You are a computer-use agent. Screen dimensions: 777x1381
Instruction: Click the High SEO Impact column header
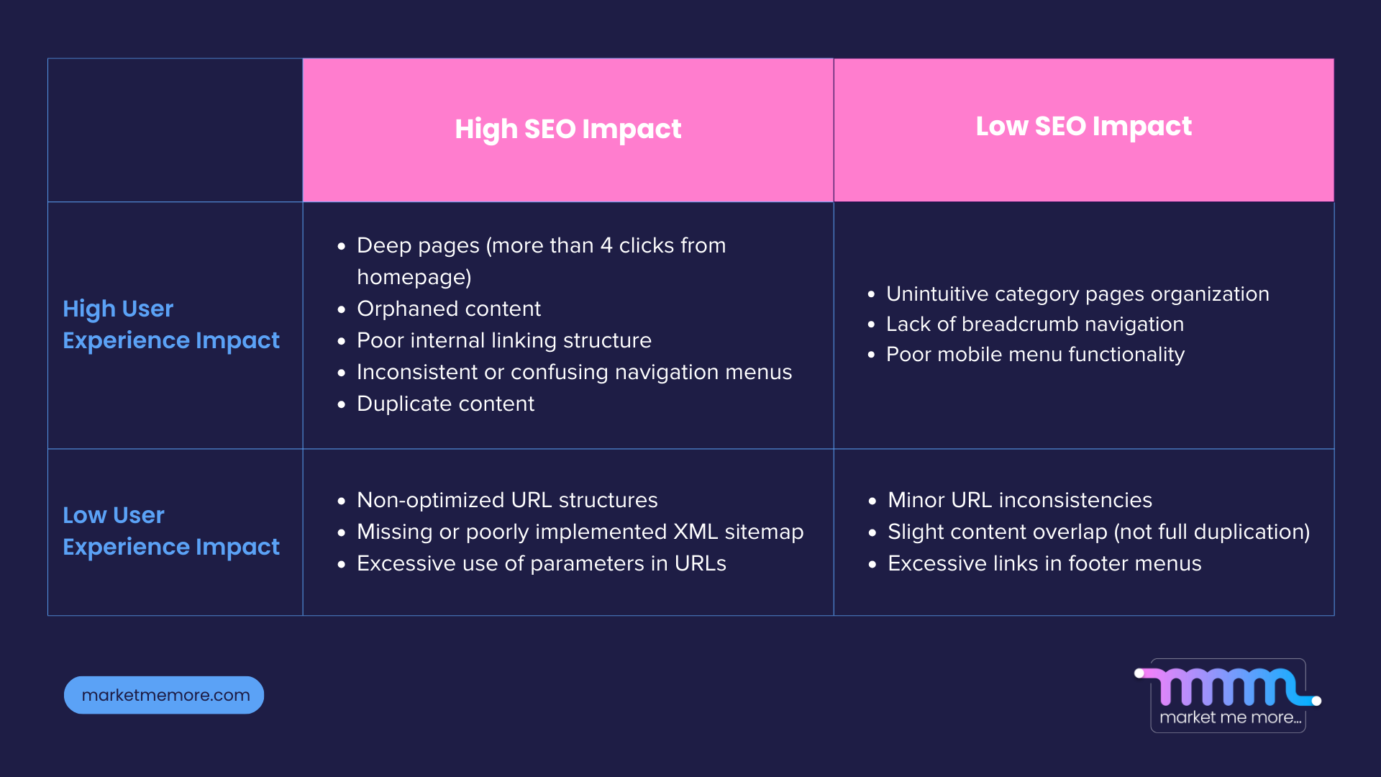click(x=568, y=129)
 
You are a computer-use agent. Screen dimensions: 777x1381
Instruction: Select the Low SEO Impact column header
click(x=1083, y=127)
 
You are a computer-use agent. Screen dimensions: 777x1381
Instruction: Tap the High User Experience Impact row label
click(x=170, y=324)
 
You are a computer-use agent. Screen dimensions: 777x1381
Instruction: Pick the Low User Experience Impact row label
click(x=170, y=531)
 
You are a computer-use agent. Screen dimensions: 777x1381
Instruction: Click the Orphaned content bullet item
click(x=448, y=309)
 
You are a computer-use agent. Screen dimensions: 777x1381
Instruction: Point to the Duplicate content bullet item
click(x=445, y=404)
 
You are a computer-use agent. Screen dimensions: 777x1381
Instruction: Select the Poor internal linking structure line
click(x=503, y=340)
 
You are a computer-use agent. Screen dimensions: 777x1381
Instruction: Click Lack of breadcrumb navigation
click(x=1034, y=324)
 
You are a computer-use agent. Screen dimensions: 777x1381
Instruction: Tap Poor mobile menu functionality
click(x=1035, y=355)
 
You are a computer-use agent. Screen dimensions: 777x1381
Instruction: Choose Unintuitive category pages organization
click(x=1077, y=294)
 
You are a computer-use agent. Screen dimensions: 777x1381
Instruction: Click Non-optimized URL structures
click(x=507, y=500)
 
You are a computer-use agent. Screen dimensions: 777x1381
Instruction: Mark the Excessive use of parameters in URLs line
click(x=541, y=563)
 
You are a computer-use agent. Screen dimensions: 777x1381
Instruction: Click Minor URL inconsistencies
click(x=1019, y=500)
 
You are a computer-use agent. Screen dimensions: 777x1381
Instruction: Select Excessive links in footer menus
click(x=1044, y=563)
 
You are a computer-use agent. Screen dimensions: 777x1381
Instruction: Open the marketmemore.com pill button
click(x=164, y=695)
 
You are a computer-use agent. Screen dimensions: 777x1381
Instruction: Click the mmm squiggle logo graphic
click(x=1227, y=687)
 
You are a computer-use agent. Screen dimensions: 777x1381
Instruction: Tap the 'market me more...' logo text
click(x=1230, y=717)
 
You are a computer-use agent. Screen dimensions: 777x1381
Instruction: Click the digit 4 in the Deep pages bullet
click(x=606, y=245)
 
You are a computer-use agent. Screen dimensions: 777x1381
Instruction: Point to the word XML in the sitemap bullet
click(x=696, y=532)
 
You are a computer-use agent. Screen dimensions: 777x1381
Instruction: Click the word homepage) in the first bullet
click(x=414, y=277)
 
